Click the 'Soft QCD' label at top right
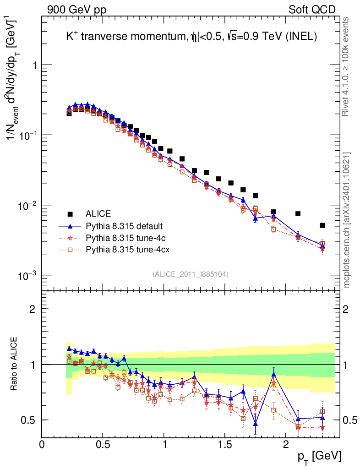(x=312, y=10)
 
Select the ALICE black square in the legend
(x=70, y=214)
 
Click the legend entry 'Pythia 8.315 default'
(x=124, y=226)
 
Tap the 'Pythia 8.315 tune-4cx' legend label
(x=126, y=250)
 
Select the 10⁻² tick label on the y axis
(x=28, y=205)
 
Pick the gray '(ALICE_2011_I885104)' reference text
(x=191, y=274)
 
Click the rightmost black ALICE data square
(x=322, y=225)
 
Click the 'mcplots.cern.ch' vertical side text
(x=347, y=220)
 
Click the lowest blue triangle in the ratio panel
(x=255, y=424)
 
